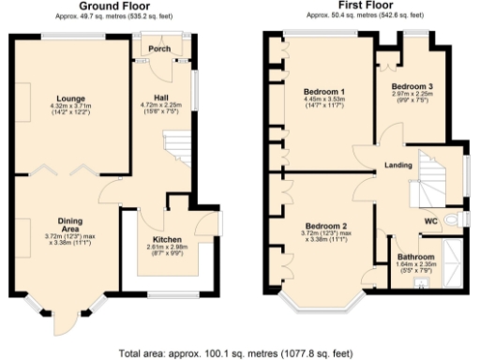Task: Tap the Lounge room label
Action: [69, 97]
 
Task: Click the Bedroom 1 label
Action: [324, 91]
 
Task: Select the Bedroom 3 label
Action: [412, 84]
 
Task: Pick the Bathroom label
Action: [415, 256]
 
